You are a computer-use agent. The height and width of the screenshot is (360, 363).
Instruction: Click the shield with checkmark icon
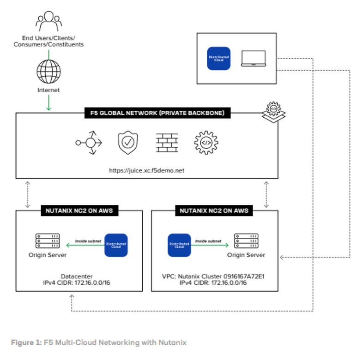point(127,143)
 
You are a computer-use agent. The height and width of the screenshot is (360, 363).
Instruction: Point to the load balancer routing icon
point(88,143)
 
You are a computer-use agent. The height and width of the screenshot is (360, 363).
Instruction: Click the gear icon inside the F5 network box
point(206,143)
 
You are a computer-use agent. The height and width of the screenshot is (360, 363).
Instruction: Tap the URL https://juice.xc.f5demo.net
point(146,170)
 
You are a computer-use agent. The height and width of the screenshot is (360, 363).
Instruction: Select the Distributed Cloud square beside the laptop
point(218,59)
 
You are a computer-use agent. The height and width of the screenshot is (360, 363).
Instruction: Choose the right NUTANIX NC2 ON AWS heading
point(214,211)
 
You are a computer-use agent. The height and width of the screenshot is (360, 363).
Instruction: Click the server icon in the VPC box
point(246,241)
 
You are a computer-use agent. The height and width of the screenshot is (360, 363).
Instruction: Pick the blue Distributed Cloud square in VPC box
point(179,245)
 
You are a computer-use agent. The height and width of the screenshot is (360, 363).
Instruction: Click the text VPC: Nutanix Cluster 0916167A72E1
point(214,276)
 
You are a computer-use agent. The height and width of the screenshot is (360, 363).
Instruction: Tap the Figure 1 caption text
point(98,342)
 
